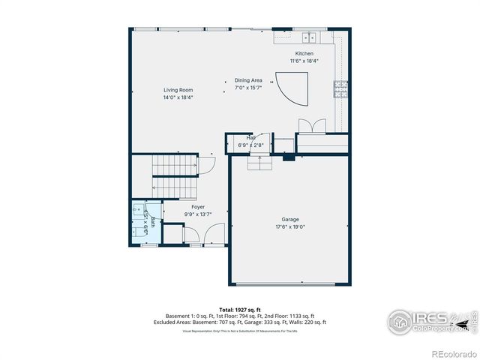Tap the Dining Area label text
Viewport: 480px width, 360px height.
pyautogui.click(x=248, y=80)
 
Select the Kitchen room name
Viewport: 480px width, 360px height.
pyautogui.click(x=304, y=54)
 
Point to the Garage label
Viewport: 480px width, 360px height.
pyautogui.click(x=290, y=220)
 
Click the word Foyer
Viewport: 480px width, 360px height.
pyautogui.click(x=198, y=207)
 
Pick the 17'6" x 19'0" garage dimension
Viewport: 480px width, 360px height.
pyautogui.click(x=290, y=226)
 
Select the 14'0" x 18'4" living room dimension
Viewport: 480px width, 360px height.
pyautogui.click(x=178, y=97)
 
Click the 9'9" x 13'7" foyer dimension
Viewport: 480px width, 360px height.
pyautogui.click(x=198, y=214)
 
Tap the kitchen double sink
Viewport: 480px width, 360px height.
pyautogui.click(x=310, y=37)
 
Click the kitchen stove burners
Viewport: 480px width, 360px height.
pyautogui.click(x=341, y=89)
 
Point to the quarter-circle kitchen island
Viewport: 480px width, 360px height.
pyautogui.click(x=291, y=88)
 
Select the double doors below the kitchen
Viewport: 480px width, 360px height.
pyautogui.click(x=312, y=125)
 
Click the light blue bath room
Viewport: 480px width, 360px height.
pyautogui.click(x=145, y=220)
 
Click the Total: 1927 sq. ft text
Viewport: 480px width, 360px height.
pyautogui.click(x=240, y=309)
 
